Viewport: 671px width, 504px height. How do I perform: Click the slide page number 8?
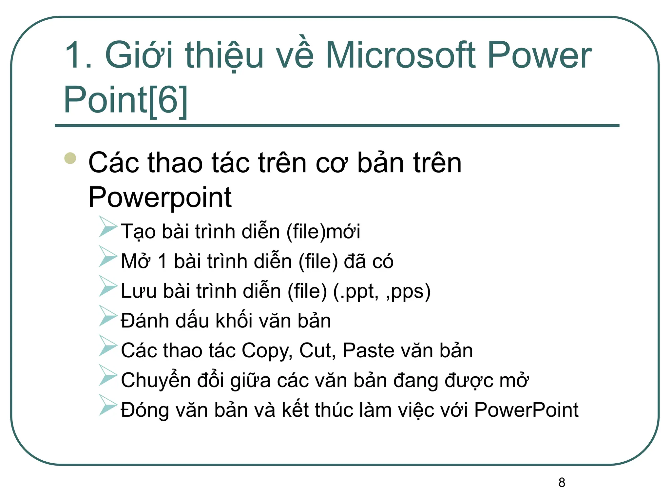[x=562, y=482]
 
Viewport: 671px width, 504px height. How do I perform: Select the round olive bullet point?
[x=70, y=158]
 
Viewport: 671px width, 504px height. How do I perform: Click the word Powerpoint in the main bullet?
[x=160, y=198]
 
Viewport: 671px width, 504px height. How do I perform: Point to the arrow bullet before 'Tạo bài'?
[x=107, y=226]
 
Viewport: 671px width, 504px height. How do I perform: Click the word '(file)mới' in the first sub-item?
[x=323, y=232]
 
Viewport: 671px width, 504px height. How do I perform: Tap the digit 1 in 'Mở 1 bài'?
[x=162, y=262]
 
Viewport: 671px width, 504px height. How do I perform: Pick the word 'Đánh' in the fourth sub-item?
[x=145, y=321]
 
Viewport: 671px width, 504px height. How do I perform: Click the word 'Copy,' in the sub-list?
[x=267, y=350]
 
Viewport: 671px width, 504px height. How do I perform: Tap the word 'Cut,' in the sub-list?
[x=317, y=350]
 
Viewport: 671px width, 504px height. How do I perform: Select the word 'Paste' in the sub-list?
[x=368, y=350]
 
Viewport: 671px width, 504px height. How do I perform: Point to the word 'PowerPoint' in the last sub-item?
[x=526, y=410]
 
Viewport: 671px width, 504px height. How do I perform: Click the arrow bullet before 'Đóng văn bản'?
[x=107, y=405]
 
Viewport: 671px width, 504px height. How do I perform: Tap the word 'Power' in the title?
[x=540, y=55]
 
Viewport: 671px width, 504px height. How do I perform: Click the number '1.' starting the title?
[x=78, y=55]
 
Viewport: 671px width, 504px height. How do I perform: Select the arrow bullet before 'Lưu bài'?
[x=107, y=286]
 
